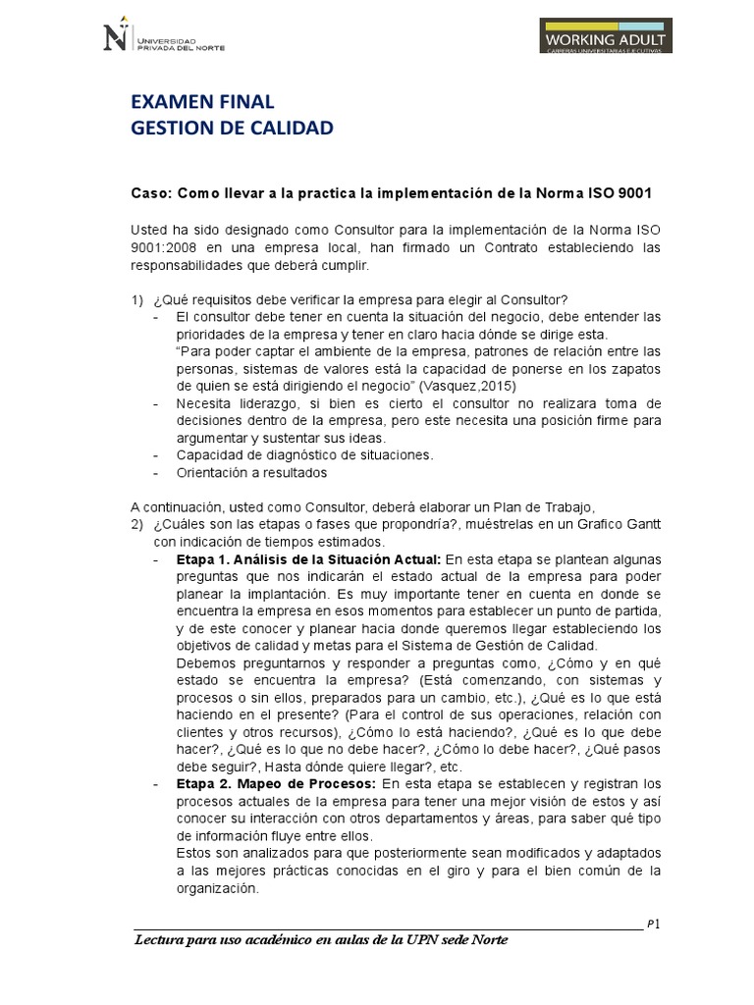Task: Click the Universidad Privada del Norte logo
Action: tap(163, 37)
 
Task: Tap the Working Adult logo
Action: tap(606, 36)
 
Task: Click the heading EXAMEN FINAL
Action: tap(202, 102)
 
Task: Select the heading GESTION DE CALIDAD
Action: tap(232, 128)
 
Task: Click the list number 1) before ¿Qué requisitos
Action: tap(137, 299)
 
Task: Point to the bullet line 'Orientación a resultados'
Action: tap(252, 472)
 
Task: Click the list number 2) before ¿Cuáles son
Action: tap(137, 524)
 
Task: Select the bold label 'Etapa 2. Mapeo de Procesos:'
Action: tap(276, 783)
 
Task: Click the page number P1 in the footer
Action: tap(653, 923)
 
